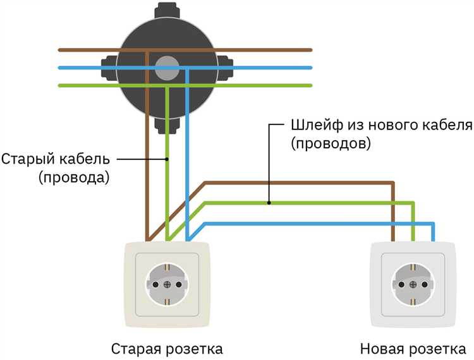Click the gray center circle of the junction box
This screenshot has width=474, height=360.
pos(168,66)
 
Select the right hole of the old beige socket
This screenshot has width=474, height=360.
pos(179,285)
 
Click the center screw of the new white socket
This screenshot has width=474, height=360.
pos(414,285)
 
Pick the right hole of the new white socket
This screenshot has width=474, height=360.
pos(426,285)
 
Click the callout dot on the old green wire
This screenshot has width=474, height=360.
pos(167,159)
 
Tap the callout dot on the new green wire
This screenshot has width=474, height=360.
pos(269,203)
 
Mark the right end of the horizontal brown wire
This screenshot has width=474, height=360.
pos(311,49)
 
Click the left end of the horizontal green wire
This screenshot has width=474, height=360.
pos(59,85)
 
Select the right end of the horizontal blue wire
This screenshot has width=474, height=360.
pos(311,67)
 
